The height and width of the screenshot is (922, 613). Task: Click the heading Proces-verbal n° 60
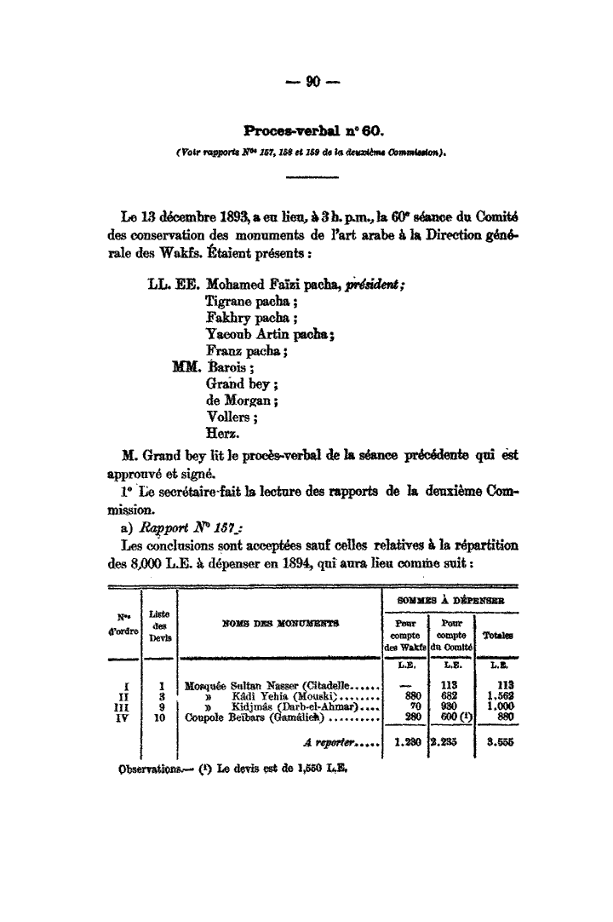tap(315, 131)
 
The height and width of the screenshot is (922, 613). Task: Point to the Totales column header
tap(497, 636)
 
